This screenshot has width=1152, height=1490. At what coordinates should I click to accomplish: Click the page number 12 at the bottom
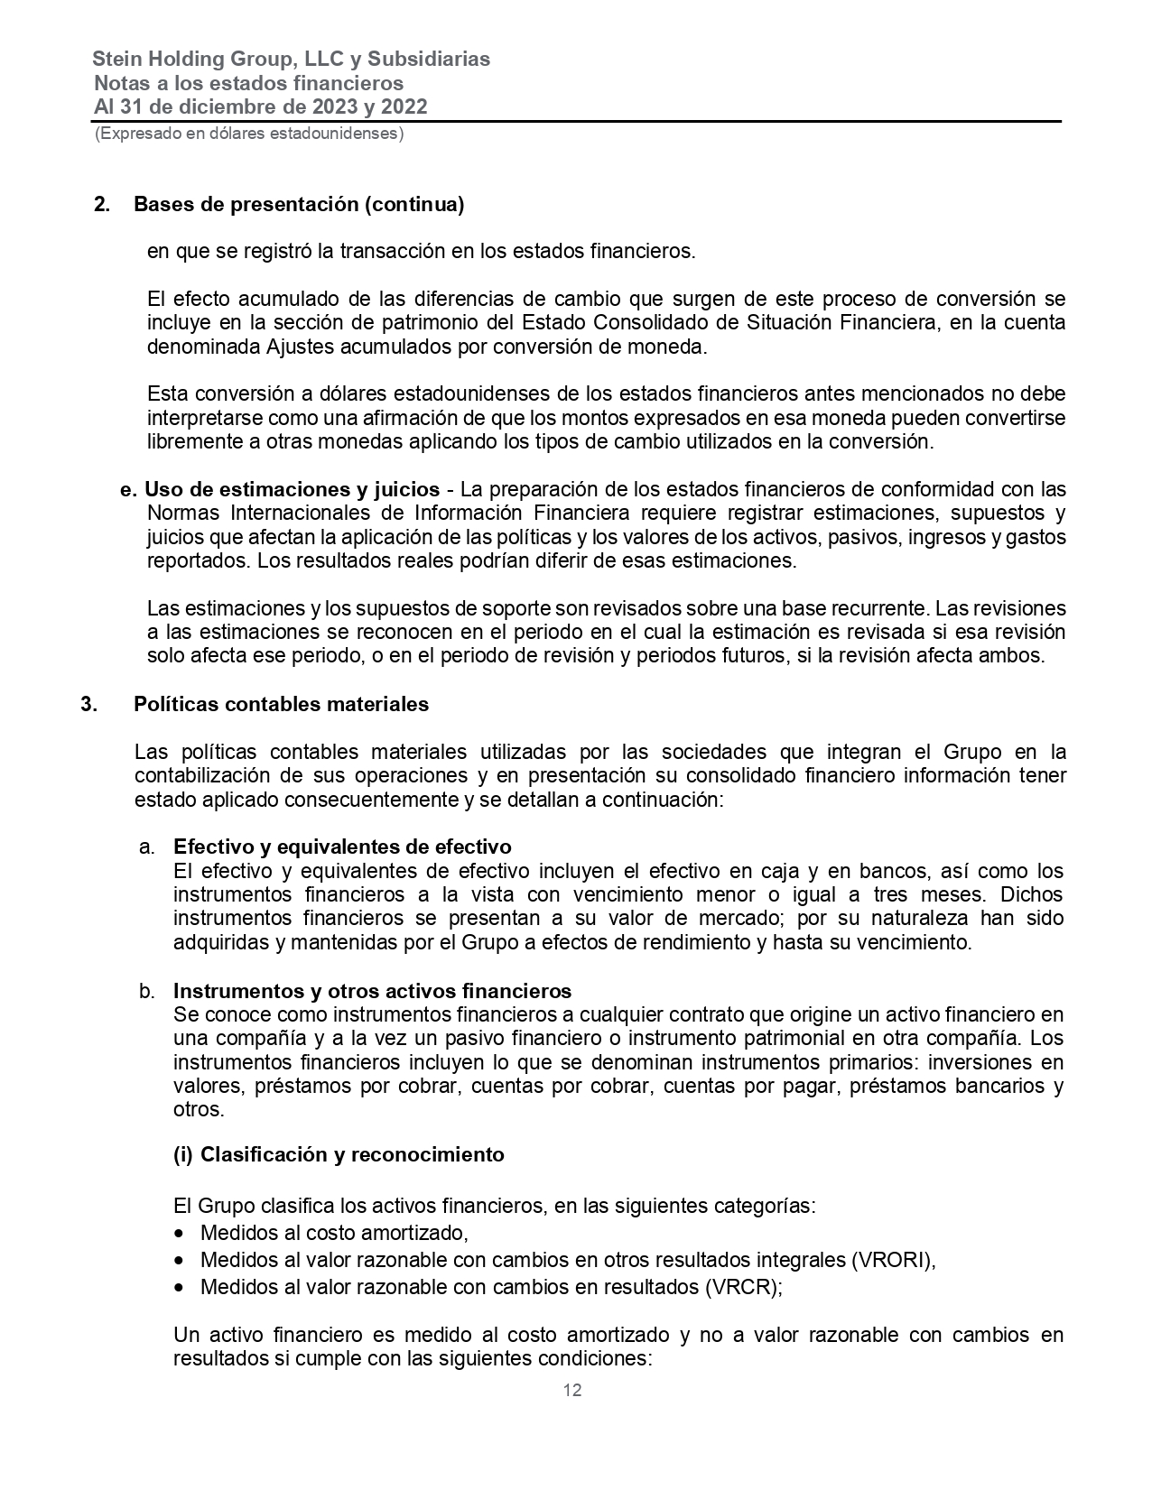(572, 1390)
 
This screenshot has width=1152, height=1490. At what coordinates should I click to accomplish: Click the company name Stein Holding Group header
(291, 60)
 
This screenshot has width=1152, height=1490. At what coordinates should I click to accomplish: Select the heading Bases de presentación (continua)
(299, 205)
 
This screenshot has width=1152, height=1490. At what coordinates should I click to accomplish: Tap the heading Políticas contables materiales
(281, 704)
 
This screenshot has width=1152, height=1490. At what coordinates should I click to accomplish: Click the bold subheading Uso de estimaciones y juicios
(293, 490)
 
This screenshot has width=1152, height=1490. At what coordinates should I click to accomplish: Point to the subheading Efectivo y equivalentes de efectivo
(342, 847)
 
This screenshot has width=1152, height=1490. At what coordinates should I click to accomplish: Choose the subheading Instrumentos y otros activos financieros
(372, 991)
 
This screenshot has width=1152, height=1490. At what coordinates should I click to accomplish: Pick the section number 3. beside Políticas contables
(88, 704)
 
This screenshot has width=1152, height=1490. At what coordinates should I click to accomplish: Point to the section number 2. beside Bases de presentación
(102, 205)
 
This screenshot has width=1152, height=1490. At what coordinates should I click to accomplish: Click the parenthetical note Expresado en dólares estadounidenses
(249, 134)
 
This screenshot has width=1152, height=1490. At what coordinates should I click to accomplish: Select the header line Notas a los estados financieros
(248, 83)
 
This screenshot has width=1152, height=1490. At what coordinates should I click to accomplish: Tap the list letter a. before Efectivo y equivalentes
(147, 847)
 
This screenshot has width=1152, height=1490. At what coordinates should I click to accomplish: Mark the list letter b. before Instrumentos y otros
(147, 991)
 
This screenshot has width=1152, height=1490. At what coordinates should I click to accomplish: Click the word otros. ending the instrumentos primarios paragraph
(198, 1109)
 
